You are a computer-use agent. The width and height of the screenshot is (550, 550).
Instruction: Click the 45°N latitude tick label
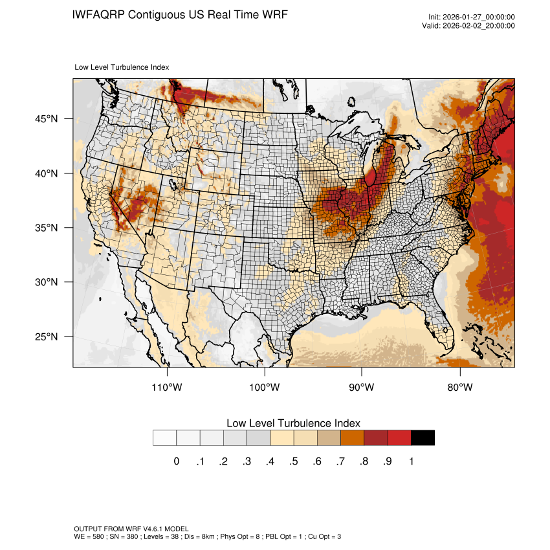coord(47,119)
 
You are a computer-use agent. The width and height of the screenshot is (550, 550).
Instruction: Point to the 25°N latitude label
coord(47,337)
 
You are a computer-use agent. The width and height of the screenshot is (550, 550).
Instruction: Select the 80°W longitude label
coord(460,388)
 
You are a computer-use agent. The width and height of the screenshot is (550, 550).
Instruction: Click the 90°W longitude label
coord(362,388)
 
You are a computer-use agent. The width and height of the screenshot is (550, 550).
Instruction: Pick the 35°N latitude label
coord(47,228)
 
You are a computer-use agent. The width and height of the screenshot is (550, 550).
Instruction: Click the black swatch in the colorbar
coord(423,438)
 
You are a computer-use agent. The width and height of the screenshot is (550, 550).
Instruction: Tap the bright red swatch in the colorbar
coord(399,438)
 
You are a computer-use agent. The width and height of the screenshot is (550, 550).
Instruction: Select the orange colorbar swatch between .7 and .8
coord(353,438)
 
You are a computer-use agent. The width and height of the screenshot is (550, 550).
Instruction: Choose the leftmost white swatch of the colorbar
coord(165,438)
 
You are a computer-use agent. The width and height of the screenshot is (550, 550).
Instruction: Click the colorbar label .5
coord(294,461)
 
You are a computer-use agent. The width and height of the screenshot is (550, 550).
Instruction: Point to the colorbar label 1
coord(411,461)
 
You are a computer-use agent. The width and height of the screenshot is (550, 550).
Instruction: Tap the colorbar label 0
coord(177,461)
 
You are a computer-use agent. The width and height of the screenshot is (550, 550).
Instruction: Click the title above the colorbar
coord(293,423)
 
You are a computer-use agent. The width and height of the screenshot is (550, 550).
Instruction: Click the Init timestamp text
coord(472,17)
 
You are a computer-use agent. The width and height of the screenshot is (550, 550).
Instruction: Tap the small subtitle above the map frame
coord(122,67)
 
